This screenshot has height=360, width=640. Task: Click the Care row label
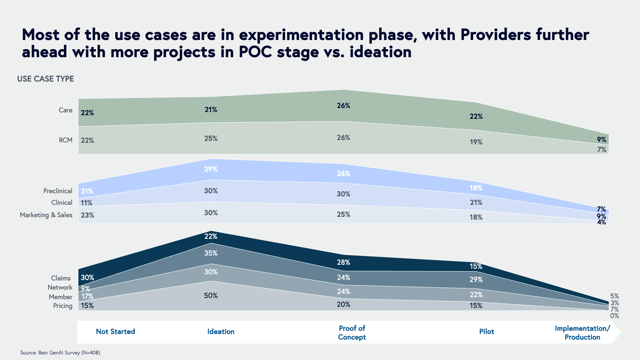coord(66,110)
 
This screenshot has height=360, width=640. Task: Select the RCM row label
coord(66,140)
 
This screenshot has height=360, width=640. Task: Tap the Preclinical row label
coord(58,191)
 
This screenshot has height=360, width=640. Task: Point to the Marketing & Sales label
coord(46,215)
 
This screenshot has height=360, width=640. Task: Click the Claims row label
coord(61,278)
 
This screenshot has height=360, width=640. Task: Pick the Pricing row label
coord(63,306)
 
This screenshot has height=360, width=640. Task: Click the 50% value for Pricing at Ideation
coord(211,296)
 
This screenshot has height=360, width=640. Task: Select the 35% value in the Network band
coord(211,253)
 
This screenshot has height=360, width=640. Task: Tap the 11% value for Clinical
coord(86,203)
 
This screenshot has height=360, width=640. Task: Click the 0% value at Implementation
coord(614,316)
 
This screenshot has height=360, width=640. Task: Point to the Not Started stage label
coord(116,332)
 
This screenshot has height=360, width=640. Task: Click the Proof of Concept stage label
coord(352,332)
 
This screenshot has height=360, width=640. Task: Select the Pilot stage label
coord(486,332)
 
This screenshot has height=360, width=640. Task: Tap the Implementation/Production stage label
coord(582,332)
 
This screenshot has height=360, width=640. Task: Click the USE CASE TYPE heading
coord(46,79)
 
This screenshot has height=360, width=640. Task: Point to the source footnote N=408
coord(91,353)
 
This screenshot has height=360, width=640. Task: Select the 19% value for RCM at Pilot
coord(476,142)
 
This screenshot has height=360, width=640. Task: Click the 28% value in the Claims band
coord(344,262)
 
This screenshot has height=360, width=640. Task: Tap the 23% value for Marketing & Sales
coord(87,215)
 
